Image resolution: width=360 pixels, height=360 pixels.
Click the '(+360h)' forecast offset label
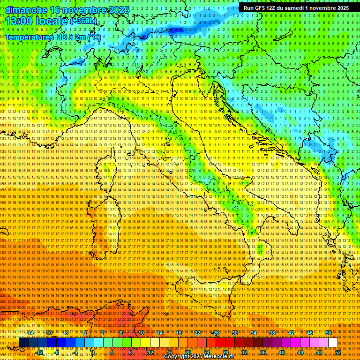pos(83,21)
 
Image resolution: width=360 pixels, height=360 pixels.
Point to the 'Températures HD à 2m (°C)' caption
pos(52,37)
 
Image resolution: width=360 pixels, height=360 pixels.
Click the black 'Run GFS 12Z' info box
pos(296,8)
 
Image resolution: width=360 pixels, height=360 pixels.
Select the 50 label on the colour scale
pos(329,333)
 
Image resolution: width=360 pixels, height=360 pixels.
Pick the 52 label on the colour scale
pos(337,352)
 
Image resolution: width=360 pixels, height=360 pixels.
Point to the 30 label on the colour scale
pos(235,333)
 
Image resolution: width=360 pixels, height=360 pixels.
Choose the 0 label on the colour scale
pos(93,352)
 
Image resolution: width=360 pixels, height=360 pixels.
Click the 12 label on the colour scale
pos(150,352)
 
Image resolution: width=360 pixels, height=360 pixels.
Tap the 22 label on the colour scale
pos(197,333)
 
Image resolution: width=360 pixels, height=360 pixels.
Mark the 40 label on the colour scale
pos(281,352)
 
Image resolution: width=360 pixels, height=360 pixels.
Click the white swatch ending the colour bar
pos(333,343)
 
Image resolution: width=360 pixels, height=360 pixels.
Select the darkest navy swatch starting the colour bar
pos(23,343)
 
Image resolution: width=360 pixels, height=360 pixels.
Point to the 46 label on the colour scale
pos(310,333)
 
